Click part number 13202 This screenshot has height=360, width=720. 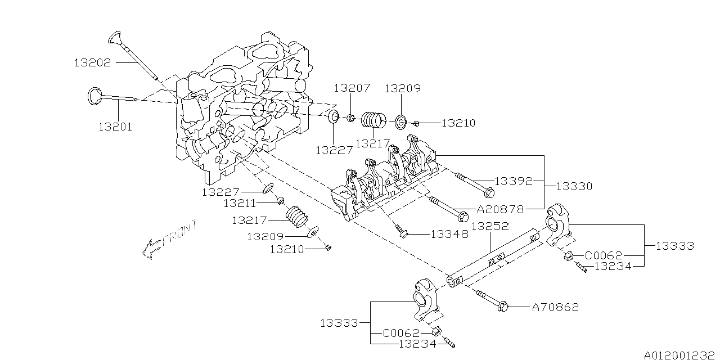(x=92, y=62)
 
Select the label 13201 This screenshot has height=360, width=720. (x=115, y=127)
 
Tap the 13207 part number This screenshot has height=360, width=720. (x=352, y=88)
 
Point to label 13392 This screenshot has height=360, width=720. (x=512, y=182)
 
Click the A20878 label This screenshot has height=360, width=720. (x=501, y=209)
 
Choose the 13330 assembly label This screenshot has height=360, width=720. (x=574, y=186)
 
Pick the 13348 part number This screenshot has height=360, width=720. (x=449, y=235)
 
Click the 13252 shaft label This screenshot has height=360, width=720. (x=490, y=226)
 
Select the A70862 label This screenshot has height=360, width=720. (x=555, y=307)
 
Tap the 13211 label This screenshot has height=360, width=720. (x=240, y=203)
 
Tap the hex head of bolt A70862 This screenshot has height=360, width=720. (x=503, y=307)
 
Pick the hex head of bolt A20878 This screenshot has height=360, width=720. (x=463, y=217)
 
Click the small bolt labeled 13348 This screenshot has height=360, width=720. (x=402, y=232)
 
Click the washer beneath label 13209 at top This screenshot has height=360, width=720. (x=401, y=121)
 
